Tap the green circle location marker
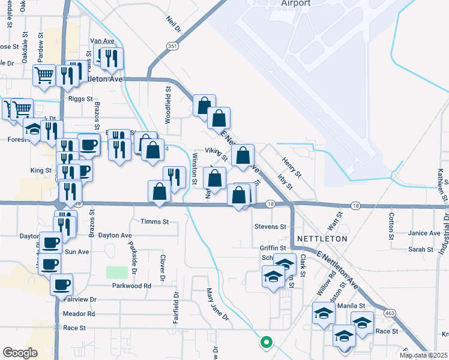[x=265, y=343]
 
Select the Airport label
[x=295, y=3]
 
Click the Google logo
[x=20, y=353]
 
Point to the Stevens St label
[x=270, y=227]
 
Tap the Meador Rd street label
[x=79, y=314]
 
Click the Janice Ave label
[x=424, y=233]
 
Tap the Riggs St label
[x=80, y=98]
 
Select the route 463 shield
[x=390, y=313]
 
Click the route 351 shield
[x=173, y=46]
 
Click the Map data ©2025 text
[x=423, y=355]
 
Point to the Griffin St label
[x=272, y=247]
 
